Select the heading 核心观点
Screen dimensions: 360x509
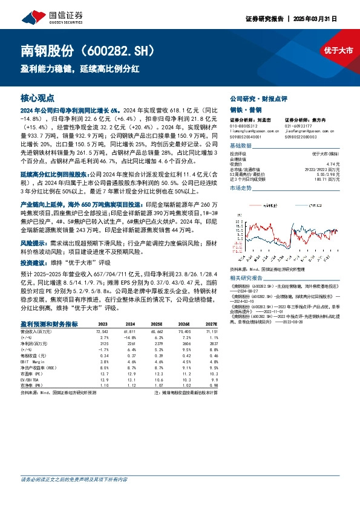38,97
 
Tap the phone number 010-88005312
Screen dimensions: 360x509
244,126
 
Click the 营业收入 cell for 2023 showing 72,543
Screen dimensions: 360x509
100,332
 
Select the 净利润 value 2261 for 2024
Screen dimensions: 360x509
130,343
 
